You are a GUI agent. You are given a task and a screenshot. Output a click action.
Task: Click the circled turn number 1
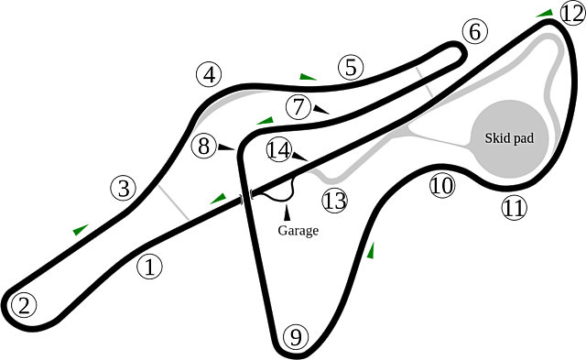coord(149,267)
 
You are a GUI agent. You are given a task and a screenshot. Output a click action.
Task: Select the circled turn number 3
coord(124,189)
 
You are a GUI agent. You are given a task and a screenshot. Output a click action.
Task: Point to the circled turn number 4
coord(210,74)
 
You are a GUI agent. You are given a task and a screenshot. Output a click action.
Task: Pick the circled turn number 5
coord(351,67)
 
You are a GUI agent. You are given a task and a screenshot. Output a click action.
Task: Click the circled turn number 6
coord(472,32)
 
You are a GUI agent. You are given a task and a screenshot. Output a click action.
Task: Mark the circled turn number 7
coord(298,106)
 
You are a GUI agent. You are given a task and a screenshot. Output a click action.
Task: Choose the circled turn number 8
coord(205,145)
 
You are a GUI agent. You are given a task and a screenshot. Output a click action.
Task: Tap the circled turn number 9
coord(293,337)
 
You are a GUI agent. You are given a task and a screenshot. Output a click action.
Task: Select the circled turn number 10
coord(442,186)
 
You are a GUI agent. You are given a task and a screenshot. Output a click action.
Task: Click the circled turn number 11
coord(515,208)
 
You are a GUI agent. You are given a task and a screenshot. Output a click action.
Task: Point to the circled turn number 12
coord(571,13)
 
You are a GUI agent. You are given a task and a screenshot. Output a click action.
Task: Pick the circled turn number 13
coord(334,200)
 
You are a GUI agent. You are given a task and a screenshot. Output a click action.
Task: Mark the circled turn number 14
coord(280,149)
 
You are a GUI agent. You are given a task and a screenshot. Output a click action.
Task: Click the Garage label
coord(298,230)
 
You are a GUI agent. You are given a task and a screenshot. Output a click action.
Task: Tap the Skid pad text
coord(509,137)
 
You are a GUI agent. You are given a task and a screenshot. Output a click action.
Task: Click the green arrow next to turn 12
coord(544,13)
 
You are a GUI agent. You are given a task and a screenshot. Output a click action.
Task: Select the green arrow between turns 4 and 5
coord(307,75)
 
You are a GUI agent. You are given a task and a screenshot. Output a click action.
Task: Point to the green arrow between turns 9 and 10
coord(372,249)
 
